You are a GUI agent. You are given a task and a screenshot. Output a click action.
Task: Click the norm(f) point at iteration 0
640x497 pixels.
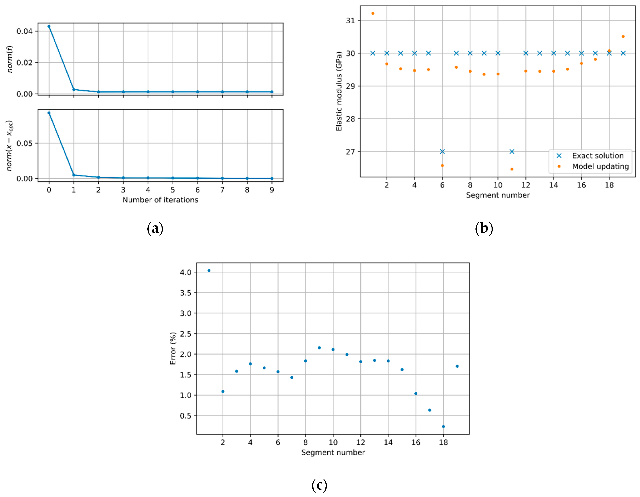point(49,26)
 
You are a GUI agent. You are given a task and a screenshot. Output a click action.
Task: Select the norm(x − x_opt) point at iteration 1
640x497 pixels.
point(74,175)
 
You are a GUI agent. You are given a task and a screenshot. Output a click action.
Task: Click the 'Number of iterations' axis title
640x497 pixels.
point(160,200)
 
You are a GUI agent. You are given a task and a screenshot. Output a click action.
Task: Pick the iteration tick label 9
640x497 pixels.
point(272,190)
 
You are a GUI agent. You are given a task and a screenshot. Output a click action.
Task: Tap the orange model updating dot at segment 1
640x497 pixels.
point(373,13)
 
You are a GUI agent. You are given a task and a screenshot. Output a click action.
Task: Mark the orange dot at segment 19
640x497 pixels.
point(623,37)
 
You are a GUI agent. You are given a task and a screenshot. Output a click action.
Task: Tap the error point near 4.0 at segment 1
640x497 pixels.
point(209,270)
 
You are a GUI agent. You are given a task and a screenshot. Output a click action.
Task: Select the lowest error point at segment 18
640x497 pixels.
point(443,427)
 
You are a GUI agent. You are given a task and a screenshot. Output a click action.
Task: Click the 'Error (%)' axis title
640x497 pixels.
point(173,348)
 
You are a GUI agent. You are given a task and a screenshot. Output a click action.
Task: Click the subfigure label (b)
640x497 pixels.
point(484,228)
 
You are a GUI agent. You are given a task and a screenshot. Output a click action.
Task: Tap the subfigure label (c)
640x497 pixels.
point(319,485)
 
